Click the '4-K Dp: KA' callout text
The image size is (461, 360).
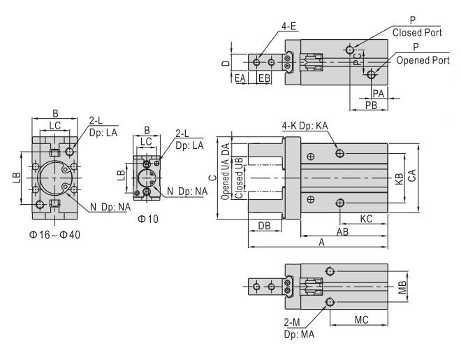(x=305, y=126)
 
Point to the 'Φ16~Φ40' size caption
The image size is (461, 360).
(x=54, y=234)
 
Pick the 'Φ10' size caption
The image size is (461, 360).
(x=148, y=219)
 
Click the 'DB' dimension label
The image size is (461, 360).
(x=265, y=226)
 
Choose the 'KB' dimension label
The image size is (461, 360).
(x=399, y=176)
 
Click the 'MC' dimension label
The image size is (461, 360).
(x=361, y=320)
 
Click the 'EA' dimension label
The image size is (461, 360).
(x=241, y=78)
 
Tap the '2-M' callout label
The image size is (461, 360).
(x=291, y=324)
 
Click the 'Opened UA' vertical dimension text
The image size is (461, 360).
(x=225, y=181)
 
